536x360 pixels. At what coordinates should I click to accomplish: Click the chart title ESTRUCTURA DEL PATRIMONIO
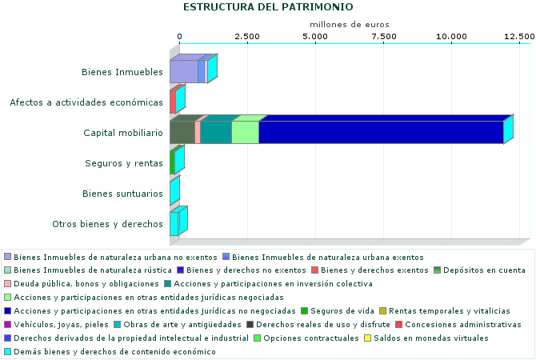point(268,7)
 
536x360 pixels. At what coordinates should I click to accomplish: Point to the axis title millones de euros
point(349,25)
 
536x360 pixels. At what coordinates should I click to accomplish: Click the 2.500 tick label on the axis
point(247,37)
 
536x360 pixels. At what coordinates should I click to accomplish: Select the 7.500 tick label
point(384,37)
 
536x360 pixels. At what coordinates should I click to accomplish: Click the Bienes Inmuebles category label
point(122,72)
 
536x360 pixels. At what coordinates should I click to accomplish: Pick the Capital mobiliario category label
point(123,133)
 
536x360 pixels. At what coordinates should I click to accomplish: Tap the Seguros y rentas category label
point(124,163)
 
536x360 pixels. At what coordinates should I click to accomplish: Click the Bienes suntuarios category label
point(123,194)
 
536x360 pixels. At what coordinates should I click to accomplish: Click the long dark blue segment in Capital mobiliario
point(380,132)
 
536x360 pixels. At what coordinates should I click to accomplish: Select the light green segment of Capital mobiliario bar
point(245,132)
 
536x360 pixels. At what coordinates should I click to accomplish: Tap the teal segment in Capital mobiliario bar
point(215,132)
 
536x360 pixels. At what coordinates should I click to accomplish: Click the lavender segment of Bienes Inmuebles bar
point(183,71)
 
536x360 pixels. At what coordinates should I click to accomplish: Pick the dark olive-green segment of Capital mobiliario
point(182,132)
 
